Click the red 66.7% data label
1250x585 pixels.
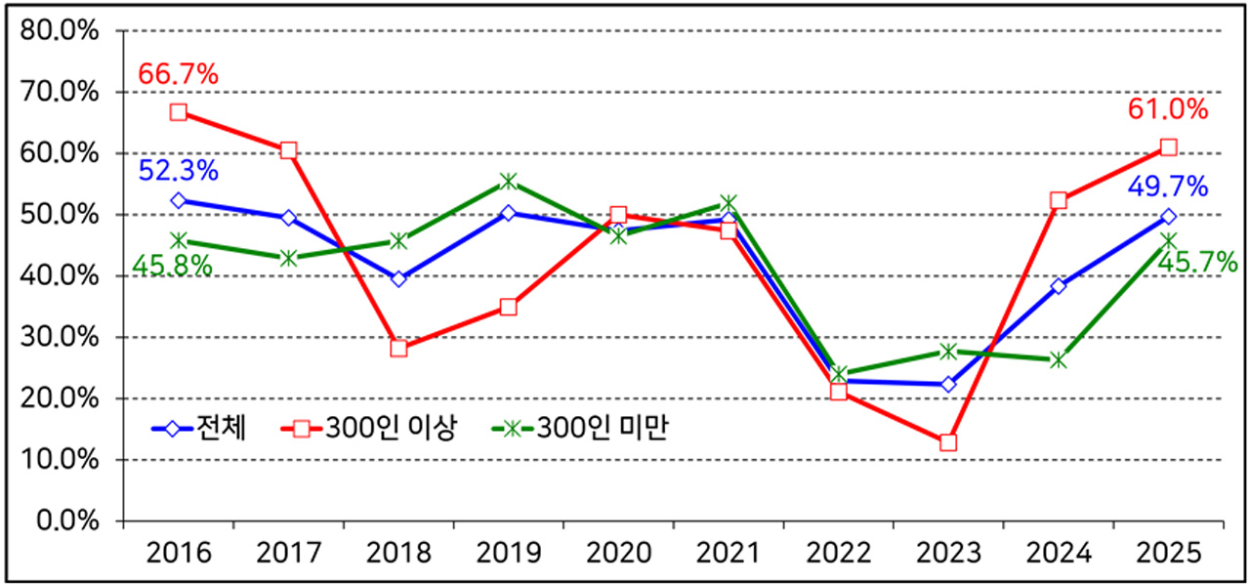click(x=178, y=74)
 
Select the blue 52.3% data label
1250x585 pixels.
click(x=178, y=171)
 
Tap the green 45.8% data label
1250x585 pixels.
click(x=172, y=265)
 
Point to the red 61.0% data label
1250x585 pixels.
click(x=1168, y=109)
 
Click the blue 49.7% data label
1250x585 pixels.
click(x=1168, y=187)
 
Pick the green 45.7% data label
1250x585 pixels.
click(x=1197, y=262)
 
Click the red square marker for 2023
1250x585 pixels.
click(x=947, y=442)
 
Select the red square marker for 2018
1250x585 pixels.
click(x=398, y=348)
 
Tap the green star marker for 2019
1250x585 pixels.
click(x=508, y=181)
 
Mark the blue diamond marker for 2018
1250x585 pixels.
click(x=398, y=279)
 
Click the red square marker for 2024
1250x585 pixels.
click(x=1058, y=200)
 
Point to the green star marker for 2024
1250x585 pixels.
click(x=1058, y=360)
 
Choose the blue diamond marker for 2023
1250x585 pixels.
click(x=947, y=384)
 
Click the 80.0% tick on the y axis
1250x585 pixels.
click(x=61, y=30)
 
